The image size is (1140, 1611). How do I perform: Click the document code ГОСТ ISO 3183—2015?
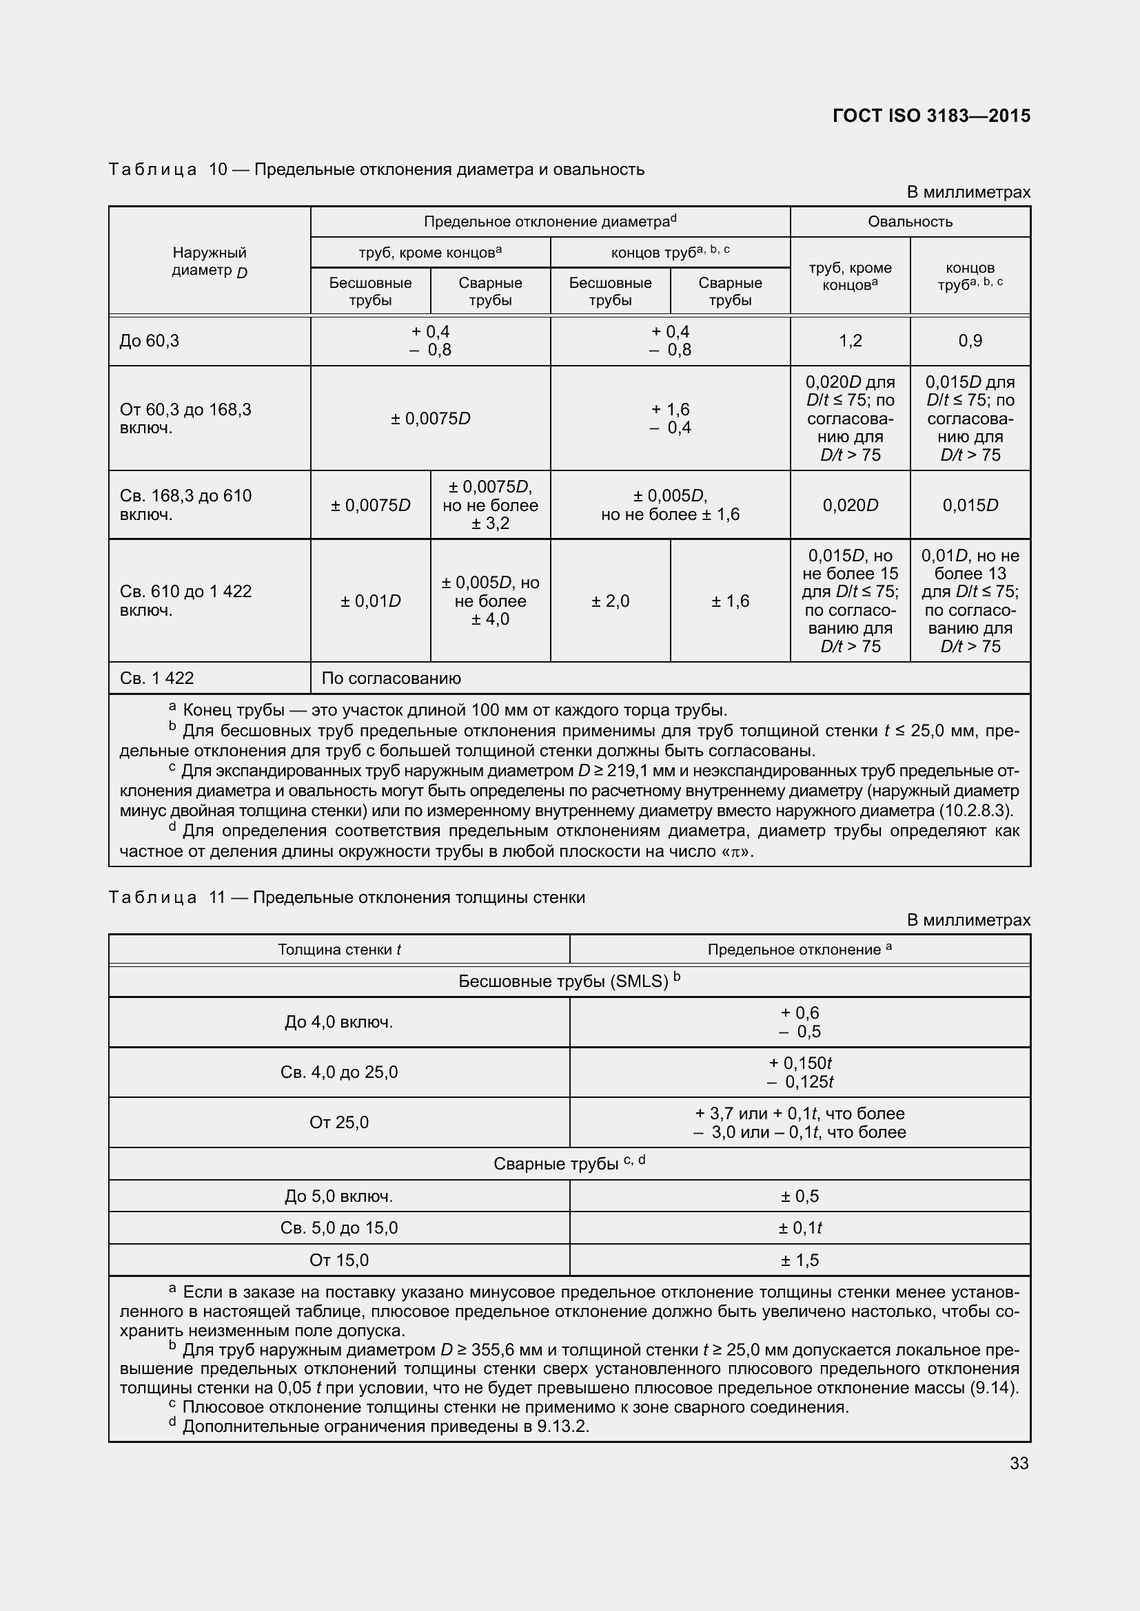[930, 116]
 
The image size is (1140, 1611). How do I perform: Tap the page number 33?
[1019, 1463]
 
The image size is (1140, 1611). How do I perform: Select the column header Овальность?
[910, 222]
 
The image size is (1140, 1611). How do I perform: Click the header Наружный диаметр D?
[210, 261]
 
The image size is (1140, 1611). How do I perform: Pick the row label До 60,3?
[150, 341]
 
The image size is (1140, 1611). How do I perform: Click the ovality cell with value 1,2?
[850, 341]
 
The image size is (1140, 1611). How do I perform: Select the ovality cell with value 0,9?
[970, 341]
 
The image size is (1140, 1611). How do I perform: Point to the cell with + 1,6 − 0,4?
[670, 418]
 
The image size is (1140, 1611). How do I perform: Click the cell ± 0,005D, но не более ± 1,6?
[670, 505]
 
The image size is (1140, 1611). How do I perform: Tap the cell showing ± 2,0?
[610, 601]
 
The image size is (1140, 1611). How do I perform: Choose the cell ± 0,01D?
[370, 601]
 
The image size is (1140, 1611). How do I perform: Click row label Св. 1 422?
[156, 678]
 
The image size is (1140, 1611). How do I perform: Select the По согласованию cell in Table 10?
[391, 678]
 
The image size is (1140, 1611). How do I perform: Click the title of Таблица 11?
[347, 897]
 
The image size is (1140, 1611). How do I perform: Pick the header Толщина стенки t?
[339, 949]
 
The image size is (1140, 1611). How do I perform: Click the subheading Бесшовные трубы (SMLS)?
[569, 981]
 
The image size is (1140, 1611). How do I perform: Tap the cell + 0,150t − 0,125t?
[800, 1072]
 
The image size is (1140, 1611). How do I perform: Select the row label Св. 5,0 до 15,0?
[339, 1228]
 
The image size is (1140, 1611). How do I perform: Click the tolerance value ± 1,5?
[800, 1260]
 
